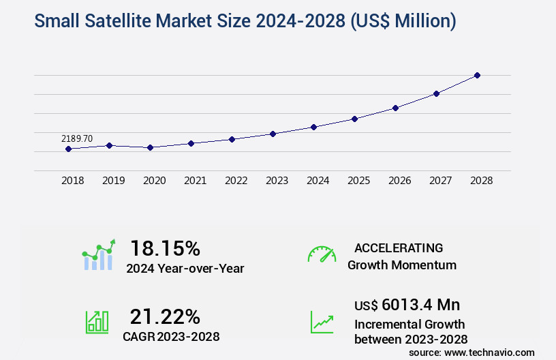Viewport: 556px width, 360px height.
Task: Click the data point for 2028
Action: (x=477, y=75)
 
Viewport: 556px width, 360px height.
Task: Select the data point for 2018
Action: (x=68, y=149)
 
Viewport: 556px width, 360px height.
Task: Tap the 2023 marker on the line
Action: (x=273, y=134)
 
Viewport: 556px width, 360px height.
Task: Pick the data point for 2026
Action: (x=395, y=108)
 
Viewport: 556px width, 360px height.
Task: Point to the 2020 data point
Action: (x=150, y=147)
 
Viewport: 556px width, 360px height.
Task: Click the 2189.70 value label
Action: (x=77, y=138)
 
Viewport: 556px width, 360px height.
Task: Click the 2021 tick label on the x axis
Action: (x=196, y=181)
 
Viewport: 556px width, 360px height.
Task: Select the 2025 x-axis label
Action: (x=359, y=181)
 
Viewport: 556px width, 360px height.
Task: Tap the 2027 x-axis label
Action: (x=441, y=181)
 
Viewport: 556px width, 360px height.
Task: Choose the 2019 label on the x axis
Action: (x=114, y=181)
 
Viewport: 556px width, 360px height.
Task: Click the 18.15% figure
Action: (x=165, y=247)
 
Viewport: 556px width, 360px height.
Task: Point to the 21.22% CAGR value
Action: (x=165, y=316)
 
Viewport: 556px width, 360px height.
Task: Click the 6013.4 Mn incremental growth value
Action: (x=420, y=305)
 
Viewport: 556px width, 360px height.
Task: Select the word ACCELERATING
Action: (x=399, y=248)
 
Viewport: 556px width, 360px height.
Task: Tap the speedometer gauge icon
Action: (x=322, y=254)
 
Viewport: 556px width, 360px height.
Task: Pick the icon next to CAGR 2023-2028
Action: (x=96, y=322)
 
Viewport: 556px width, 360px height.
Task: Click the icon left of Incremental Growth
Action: (x=322, y=322)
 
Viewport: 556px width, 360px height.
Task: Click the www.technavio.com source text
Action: (x=489, y=352)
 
